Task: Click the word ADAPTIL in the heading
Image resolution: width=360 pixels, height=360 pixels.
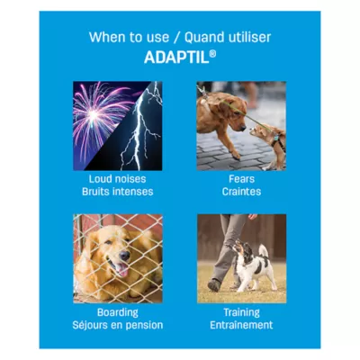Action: [176, 56]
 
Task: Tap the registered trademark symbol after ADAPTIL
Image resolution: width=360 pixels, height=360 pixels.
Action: [212, 52]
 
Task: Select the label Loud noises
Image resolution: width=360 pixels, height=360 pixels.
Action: [118, 179]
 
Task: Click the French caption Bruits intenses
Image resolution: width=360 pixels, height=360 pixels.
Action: [118, 191]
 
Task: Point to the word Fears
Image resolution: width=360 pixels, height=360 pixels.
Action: [241, 179]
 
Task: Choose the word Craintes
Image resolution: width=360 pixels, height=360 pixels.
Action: [241, 191]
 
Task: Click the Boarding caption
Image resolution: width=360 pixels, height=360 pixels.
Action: [118, 312]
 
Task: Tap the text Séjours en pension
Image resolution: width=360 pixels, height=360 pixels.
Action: [118, 324]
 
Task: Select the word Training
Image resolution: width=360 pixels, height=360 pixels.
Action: [241, 312]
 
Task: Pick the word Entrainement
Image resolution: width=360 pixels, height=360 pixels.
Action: [241, 324]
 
